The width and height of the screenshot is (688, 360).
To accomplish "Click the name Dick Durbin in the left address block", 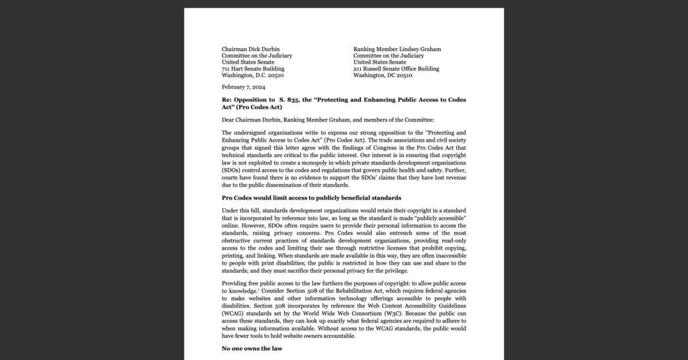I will [x=262, y=49].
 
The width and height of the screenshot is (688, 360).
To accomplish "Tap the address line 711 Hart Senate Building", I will [x=253, y=69].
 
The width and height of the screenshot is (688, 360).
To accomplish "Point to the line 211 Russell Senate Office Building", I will [x=396, y=69].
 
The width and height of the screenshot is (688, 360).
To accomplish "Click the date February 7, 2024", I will [x=245, y=87].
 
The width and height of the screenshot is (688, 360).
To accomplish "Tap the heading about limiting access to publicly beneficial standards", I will [x=311, y=197].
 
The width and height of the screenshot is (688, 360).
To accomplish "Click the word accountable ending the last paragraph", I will [x=329, y=335].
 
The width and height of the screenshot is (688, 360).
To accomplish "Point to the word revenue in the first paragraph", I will [x=454, y=178].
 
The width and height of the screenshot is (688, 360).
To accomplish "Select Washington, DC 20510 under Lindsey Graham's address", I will [x=383, y=75].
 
